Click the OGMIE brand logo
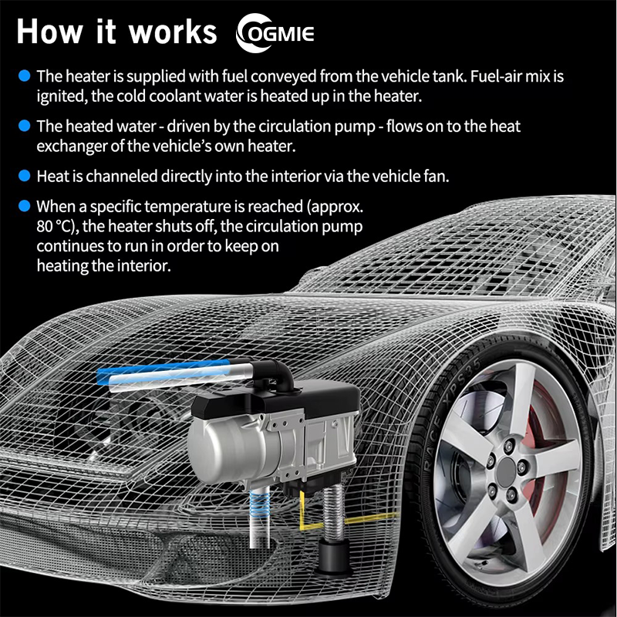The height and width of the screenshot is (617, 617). click(275, 33)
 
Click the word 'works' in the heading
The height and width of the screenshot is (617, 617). click(173, 32)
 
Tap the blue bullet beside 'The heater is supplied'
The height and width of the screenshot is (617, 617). click(25, 76)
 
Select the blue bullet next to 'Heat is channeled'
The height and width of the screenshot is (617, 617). click(25, 176)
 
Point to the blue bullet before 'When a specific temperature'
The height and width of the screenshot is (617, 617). click(25, 206)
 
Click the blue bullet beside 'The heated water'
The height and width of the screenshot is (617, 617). click(25, 126)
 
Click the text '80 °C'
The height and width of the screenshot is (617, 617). click(55, 227)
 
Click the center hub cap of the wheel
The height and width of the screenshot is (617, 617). click(506, 471)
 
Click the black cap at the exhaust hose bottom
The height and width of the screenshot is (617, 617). click(335, 556)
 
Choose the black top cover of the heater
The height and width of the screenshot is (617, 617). click(275, 401)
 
